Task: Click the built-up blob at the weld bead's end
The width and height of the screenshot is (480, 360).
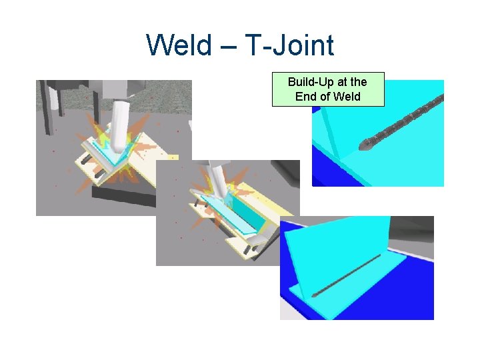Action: (366, 142)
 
